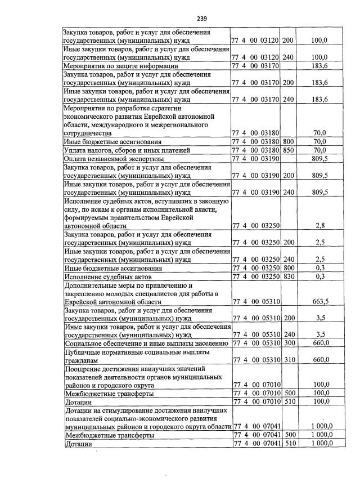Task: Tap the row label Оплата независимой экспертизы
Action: (x=111, y=159)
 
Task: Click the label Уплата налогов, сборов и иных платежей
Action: (x=127, y=150)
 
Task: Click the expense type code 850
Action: (x=288, y=150)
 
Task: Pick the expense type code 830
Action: (x=288, y=276)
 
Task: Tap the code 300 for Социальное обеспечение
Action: (x=288, y=343)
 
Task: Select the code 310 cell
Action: (x=288, y=360)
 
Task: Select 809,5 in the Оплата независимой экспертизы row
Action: (x=320, y=159)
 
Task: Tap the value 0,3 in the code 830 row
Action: (x=321, y=276)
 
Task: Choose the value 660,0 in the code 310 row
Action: (x=320, y=360)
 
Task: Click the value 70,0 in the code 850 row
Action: (x=320, y=150)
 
